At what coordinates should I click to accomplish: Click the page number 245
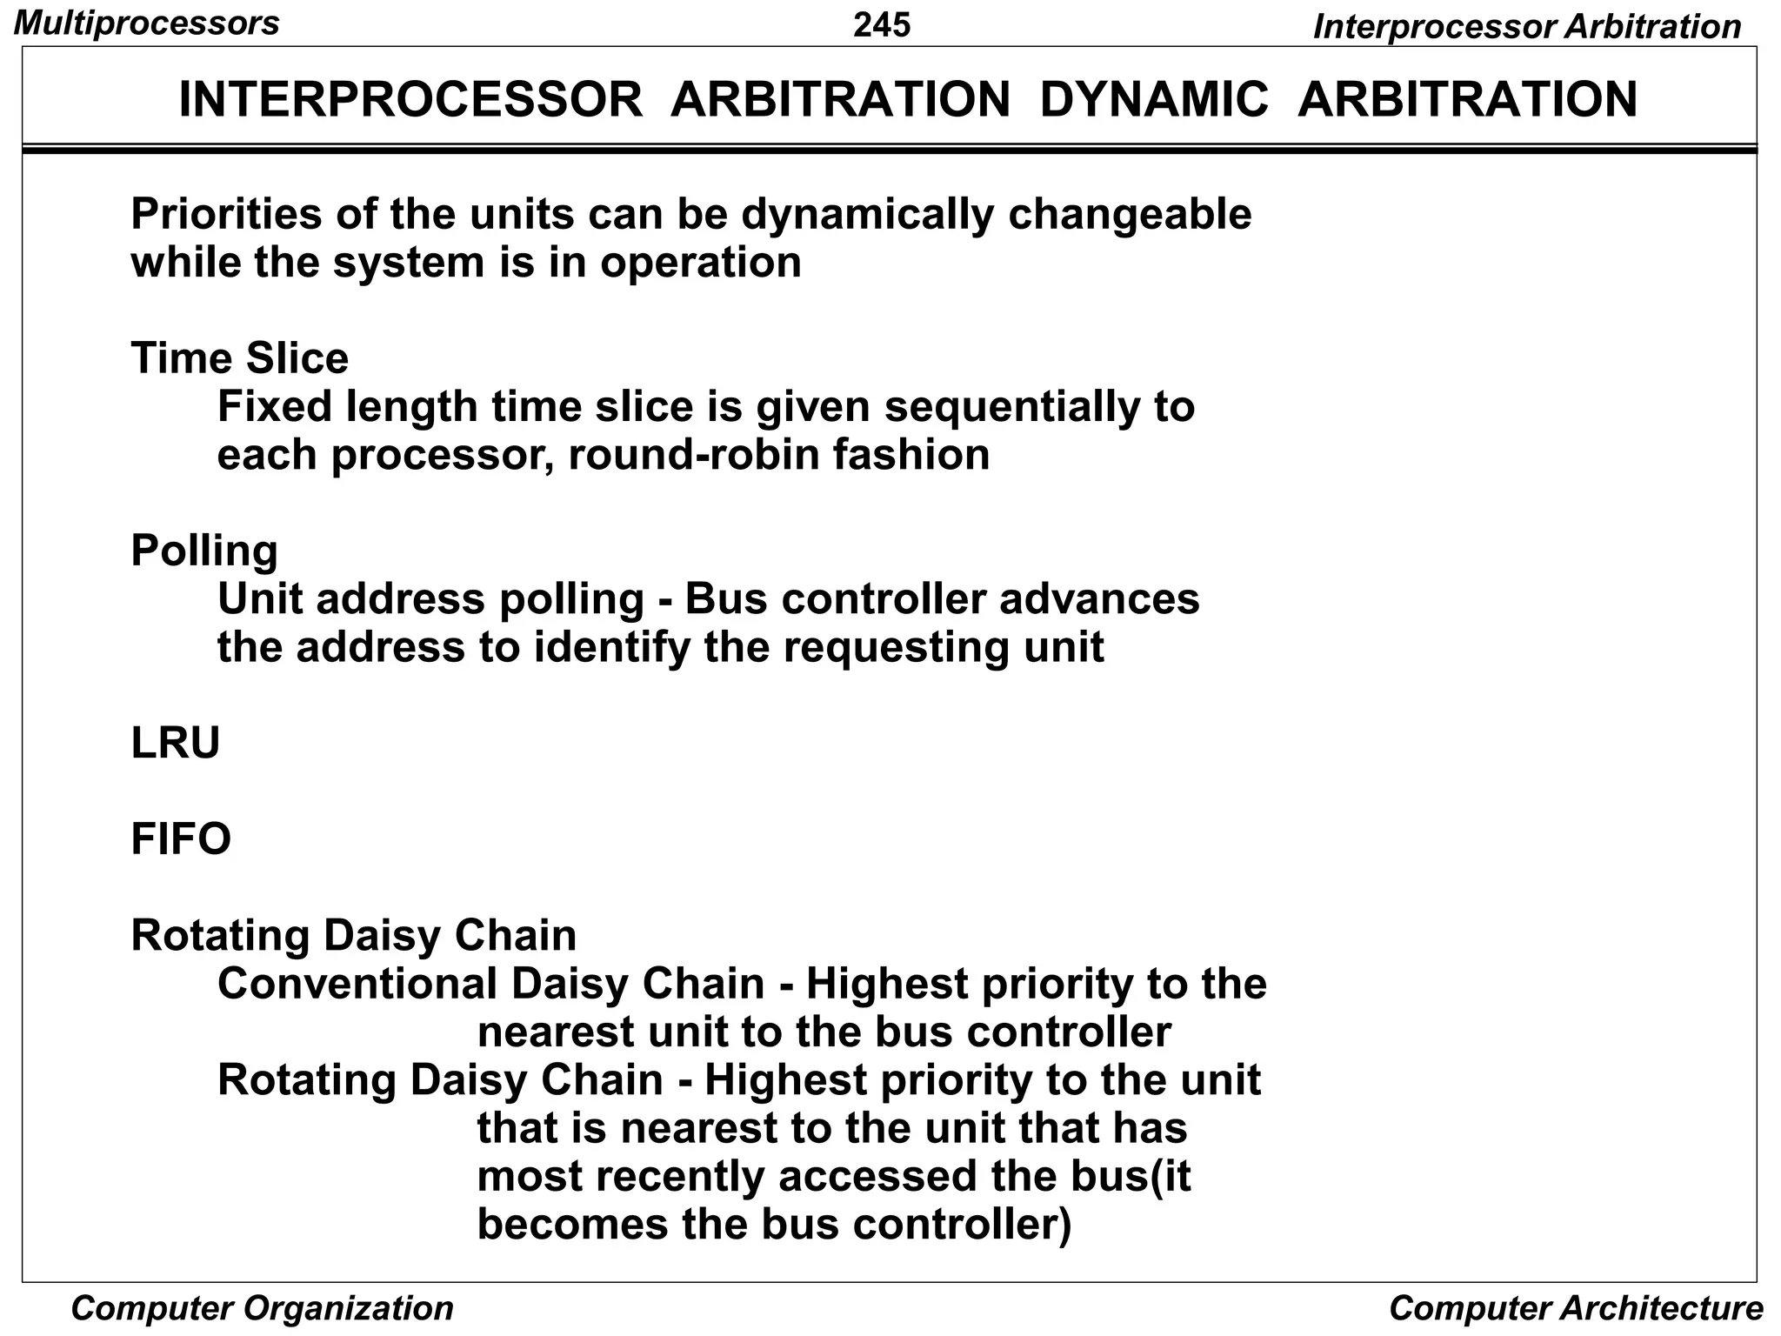pyautogui.click(x=881, y=24)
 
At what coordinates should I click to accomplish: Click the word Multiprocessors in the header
pyautogui.click(x=147, y=23)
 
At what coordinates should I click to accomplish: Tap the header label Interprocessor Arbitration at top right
pyautogui.click(x=1526, y=27)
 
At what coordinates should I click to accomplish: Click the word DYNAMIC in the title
pyautogui.click(x=1154, y=99)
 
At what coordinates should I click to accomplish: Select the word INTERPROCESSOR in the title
pyautogui.click(x=410, y=99)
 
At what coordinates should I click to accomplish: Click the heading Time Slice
pyautogui.click(x=239, y=358)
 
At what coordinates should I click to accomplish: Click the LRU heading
pyautogui.click(x=175, y=744)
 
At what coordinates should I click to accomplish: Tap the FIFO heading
pyautogui.click(x=181, y=839)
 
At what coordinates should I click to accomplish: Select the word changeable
pyautogui.click(x=1130, y=214)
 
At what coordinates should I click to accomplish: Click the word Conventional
pyautogui.click(x=357, y=984)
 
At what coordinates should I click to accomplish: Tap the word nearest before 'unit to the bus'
pyautogui.click(x=556, y=1032)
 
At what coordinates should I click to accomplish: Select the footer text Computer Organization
pyautogui.click(x=262, y=1308)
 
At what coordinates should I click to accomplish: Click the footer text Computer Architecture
pyautogui.click(x=1576, y=1308)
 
